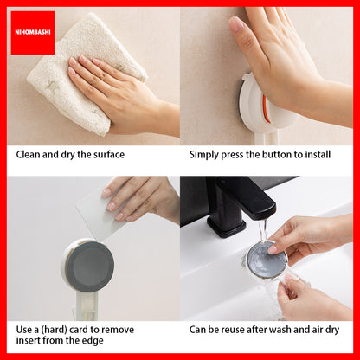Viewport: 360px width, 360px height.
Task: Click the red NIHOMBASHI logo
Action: (x=33, y=33)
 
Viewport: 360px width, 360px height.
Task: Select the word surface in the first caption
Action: (x=106, y=155)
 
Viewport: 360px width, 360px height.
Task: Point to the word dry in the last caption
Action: (x=332, y=330)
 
